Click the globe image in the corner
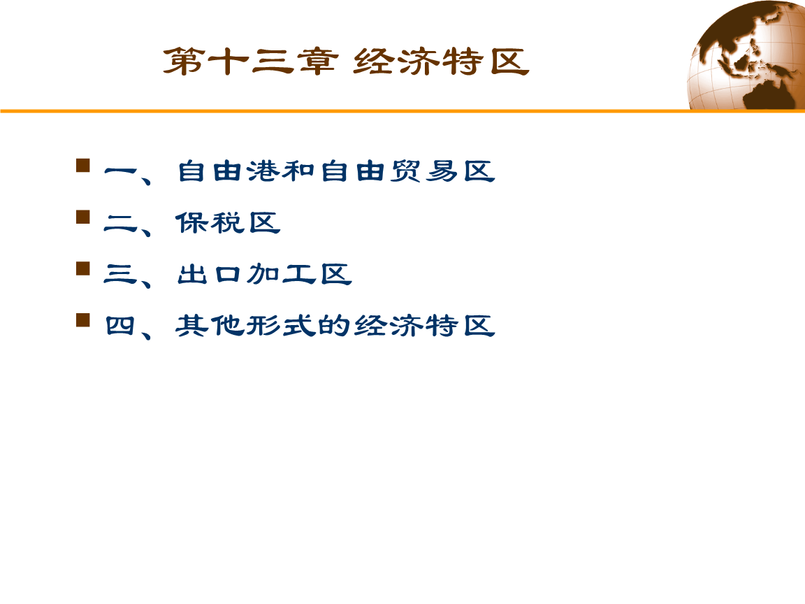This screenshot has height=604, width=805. pos(748,55)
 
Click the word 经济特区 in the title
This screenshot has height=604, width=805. pos(441,62)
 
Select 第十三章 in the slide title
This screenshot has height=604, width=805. pos(251,62)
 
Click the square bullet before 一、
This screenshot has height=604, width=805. pos(82,166)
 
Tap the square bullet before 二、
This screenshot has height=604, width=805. pos(82,217)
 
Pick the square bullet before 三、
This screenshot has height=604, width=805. pos(82,268)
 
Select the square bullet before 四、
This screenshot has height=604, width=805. pos(82,320)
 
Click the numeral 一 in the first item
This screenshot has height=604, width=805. pos(121,171)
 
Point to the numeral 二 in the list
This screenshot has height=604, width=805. pos(121,223)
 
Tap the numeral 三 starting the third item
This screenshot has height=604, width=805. pos(121,274)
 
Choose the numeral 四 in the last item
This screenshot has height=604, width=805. pos(121,326)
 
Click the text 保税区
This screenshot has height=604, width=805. pos(228,223)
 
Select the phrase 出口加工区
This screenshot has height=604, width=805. pos(264,274)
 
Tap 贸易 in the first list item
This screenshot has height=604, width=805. pos(424,171)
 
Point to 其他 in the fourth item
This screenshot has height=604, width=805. pos(210,326)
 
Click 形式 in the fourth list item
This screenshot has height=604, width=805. pos(281,326)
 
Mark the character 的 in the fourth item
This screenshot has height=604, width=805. pos(335,326)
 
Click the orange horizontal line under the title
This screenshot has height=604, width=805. pos(402,110)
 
